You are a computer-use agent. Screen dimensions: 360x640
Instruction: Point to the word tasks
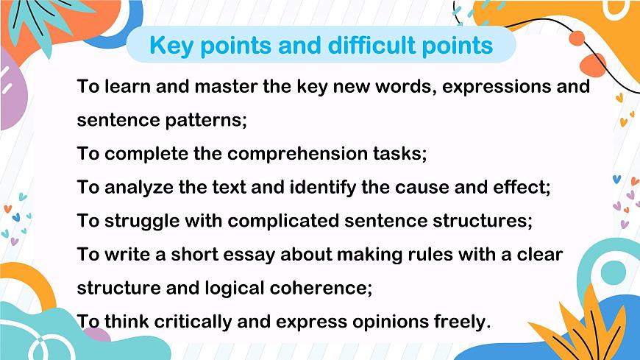(398, 154)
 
